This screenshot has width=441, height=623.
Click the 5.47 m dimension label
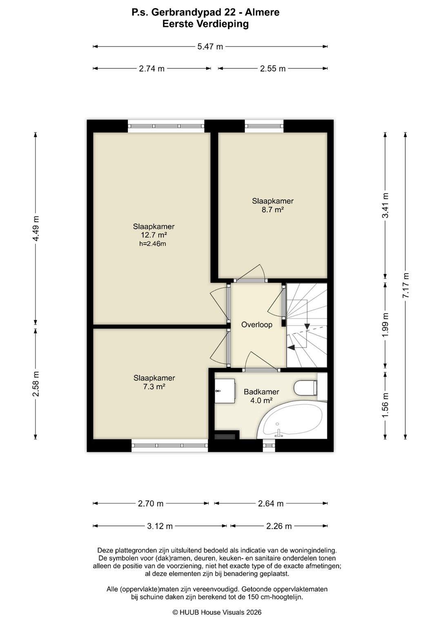(210, 47)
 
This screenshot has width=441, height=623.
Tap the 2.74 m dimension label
(152, 69)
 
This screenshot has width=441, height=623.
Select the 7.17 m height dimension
(406, 285)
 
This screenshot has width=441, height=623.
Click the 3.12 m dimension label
(160, 526)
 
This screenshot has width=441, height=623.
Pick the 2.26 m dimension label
(279, 526)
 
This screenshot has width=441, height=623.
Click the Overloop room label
(257, 325)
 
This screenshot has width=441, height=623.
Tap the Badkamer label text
(261, 392)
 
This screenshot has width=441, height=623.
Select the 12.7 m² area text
(154, 235)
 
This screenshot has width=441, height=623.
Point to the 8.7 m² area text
(273, 209)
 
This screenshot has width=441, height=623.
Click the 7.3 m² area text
(154, 386)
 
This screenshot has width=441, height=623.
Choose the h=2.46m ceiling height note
(153, 244)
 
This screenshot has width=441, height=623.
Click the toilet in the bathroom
(306, 388)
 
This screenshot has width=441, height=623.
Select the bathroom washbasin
(225, 391)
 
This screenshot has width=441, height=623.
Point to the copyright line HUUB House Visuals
(217, 612)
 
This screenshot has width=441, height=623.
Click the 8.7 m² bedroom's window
(264, 126)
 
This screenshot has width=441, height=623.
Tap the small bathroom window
(269, 446)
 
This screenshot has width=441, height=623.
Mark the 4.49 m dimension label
(36, 228)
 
